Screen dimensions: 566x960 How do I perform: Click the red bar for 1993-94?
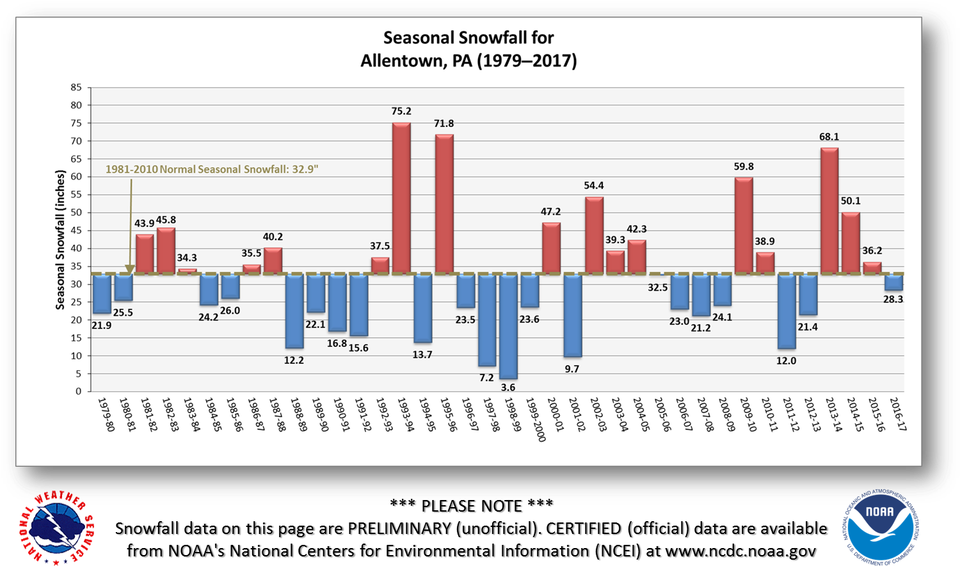click(401, 198)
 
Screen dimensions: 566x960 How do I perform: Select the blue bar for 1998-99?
click(508, 327)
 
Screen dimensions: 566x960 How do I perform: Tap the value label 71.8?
click(444, 124)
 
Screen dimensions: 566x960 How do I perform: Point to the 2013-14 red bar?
click(829, 211)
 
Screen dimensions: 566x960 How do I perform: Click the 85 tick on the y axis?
click(76, 88)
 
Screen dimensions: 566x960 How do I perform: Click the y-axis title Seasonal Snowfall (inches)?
click(61, 239)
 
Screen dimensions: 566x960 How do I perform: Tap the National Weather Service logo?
click(56, 529)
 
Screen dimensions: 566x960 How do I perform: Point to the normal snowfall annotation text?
click(212, 170)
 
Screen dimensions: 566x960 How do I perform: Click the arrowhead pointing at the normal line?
click(130, 270)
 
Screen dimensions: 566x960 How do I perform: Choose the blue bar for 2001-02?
click(573, 316)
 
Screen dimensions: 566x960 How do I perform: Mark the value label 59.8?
click(744, 167)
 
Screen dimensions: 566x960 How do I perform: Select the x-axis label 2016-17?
click(898, 414)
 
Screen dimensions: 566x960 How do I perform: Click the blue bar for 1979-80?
click(102, 294)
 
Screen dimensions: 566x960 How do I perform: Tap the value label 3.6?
click(508, 387)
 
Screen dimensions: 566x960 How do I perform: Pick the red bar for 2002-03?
click(594, 235)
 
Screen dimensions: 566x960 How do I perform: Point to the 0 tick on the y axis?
click(79, 391)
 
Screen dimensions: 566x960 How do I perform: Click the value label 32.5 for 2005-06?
click(658, 287)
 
